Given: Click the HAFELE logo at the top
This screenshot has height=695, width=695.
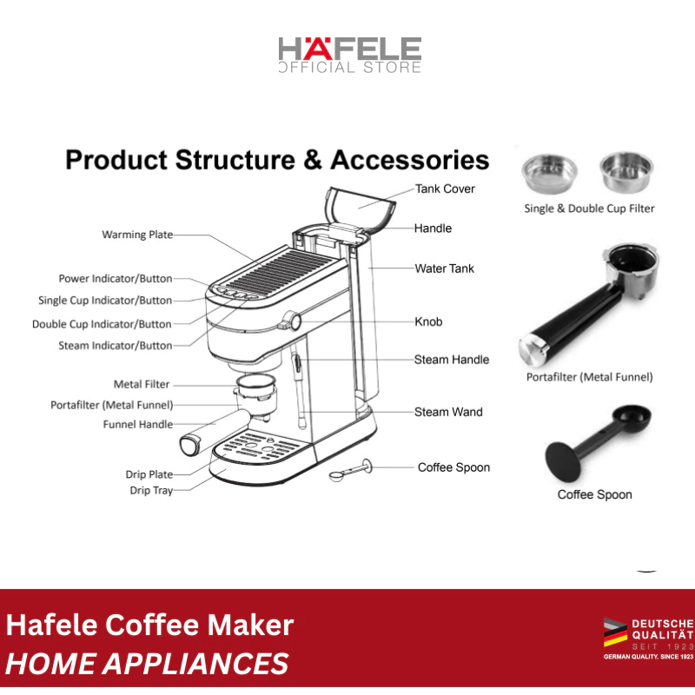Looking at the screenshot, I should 349,54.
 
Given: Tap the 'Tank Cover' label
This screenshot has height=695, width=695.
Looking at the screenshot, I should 445,189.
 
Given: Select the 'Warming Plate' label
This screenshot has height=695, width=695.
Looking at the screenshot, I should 137,235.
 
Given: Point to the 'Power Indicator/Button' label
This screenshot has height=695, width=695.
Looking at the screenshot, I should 116,279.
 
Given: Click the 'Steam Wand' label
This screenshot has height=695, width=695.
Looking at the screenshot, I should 448,412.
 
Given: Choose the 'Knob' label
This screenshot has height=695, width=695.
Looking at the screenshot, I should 428,321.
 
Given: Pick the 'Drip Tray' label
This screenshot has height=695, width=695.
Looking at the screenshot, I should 151,491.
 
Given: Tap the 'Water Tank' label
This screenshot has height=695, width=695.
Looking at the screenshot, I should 445,268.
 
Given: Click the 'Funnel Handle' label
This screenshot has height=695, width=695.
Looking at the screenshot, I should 138,425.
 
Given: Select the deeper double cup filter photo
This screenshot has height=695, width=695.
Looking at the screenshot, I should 625,170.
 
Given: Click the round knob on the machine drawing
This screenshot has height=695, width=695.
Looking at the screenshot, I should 295,321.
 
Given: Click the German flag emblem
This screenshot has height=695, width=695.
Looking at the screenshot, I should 615,632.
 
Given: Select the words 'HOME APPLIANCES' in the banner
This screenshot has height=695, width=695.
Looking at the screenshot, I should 148,665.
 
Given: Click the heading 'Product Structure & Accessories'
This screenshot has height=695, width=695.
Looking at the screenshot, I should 277,161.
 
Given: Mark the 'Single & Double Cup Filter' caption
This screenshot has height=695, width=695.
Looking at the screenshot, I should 589,208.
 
